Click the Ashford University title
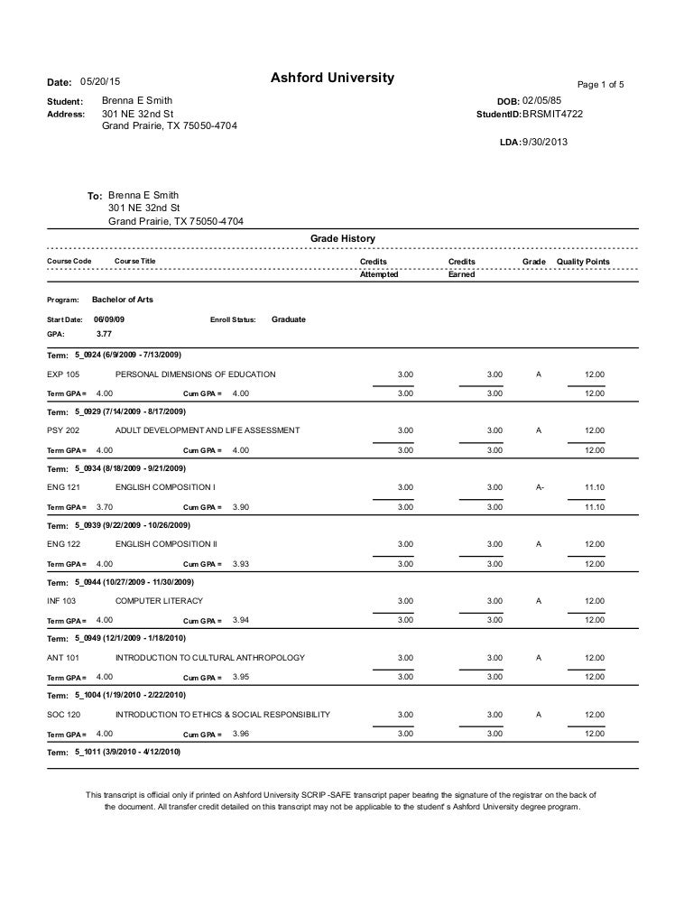coord(332,79)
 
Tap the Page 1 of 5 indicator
coord(600,85)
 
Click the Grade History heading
coord(343,238)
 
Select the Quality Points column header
coord(583,262)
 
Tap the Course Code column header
coord(69,262)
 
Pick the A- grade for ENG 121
coord(539,487)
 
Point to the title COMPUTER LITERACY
coord(159,600)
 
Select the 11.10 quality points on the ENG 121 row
coord(594,487)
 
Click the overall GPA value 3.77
coord(104,333)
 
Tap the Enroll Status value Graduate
coord(289,319)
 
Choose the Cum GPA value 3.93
coord(241,563)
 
